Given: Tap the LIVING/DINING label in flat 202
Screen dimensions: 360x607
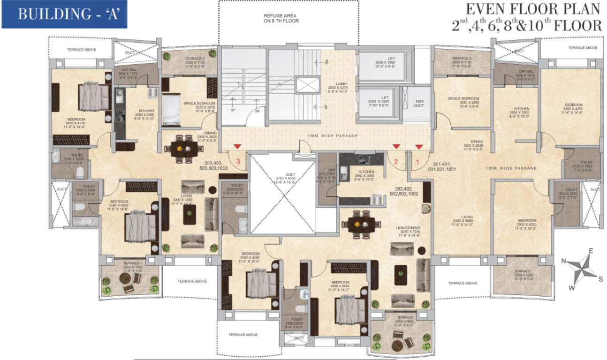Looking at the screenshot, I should (x=407, y=232).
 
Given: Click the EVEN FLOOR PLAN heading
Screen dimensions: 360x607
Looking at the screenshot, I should (x=532, y=9).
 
